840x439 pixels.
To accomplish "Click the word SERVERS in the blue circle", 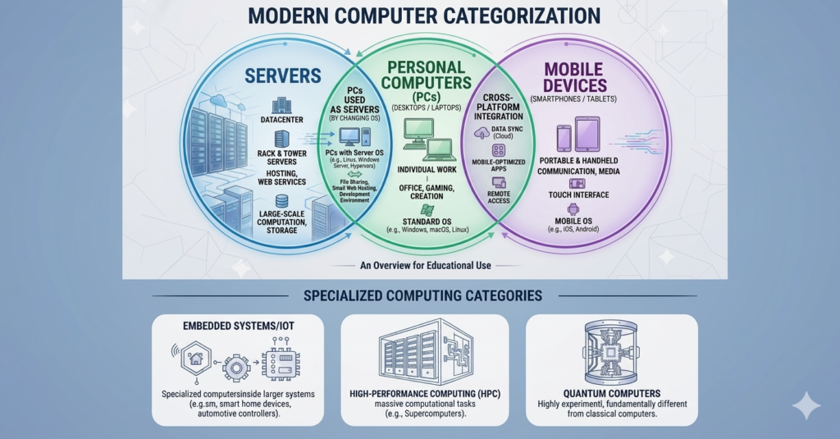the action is click(x=283, y=76).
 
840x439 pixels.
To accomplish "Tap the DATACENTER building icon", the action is click(x=281, y=106).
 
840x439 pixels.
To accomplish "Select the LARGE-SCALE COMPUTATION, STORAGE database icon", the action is click(x=281, y=202).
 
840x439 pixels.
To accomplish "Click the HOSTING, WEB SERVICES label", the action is click(x=282, y=177).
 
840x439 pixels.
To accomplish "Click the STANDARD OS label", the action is click(x=427, y=222).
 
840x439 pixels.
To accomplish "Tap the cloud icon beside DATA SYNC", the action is click(x=482, y=133).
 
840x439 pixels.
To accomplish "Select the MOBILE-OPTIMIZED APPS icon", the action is click(x=498, y=151).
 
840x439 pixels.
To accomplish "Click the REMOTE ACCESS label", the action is click(x=498, y=197).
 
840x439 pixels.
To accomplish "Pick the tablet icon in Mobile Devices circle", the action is click(x=587, y=134).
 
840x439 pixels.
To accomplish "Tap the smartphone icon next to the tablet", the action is click(x=564, y=139).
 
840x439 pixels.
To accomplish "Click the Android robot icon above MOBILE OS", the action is click(x=573, y=209).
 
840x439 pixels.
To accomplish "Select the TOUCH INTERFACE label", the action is click(x=578, y=195).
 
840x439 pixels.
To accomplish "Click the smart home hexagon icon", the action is click(x=196, y=358).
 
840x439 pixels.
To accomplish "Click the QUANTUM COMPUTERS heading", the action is click(x=612, y=393).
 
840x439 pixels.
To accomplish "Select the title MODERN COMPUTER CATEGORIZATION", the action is click(x=424, y=16).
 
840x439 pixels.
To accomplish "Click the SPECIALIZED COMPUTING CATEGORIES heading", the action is click(x=422, y=295).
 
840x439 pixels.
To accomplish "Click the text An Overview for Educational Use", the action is click(x=426, y=265).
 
